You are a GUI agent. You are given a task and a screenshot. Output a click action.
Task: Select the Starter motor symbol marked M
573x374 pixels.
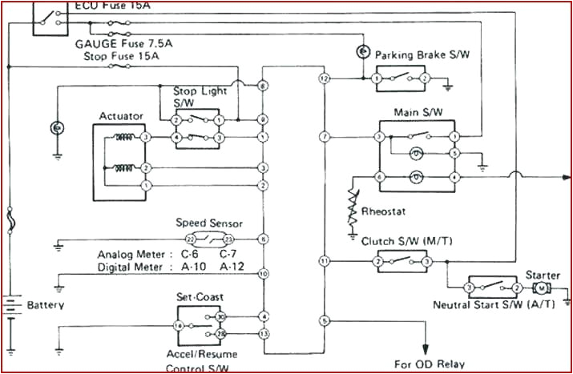(542, 288)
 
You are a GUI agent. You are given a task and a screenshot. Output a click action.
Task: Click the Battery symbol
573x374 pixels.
(11, 306)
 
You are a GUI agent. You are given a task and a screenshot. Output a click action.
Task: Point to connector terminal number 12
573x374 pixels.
(325, 79)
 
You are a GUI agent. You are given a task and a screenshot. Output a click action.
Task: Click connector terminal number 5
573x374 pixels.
(325, 320)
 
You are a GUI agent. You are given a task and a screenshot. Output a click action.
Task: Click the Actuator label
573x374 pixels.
(121, 116)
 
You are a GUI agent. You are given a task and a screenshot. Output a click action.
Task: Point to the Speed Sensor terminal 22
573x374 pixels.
(190, 239)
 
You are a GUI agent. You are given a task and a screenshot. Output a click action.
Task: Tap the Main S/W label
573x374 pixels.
(414, 113)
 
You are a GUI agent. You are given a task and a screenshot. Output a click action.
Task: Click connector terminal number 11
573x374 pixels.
(325, 261)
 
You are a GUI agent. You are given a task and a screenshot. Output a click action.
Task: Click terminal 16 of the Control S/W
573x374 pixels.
(178, 326)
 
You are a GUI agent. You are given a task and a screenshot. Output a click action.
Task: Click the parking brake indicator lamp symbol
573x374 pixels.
(361, 52)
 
